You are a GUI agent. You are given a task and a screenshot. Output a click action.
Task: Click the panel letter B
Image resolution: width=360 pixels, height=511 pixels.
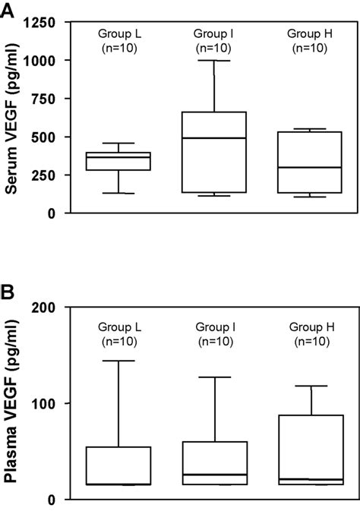[x=9, y=292]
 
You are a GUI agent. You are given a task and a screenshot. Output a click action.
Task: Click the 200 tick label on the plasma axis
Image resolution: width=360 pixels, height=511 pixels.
[x=48, y=308]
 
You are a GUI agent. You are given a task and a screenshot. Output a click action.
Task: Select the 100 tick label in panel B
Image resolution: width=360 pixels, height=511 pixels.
[x=48, y=403]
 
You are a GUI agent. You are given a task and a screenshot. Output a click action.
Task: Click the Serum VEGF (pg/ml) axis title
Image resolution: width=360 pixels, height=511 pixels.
[x=13, y=118]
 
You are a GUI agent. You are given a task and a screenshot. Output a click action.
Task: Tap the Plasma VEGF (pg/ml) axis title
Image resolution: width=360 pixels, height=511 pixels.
[x=13, y=403]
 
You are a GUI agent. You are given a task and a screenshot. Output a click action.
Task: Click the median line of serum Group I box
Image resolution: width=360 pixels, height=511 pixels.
[x=214, y=138]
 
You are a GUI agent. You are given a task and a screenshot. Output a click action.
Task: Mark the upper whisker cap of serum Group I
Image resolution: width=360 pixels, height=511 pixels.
[x=214, y=60]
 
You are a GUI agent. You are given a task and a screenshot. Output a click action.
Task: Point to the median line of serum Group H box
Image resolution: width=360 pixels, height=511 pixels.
[x=310, y=167]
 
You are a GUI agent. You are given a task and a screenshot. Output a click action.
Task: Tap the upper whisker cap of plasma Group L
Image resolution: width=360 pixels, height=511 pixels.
[x=118, y=361]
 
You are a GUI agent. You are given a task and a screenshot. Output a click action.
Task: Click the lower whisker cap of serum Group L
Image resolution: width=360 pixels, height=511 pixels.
[x=118, y=193]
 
